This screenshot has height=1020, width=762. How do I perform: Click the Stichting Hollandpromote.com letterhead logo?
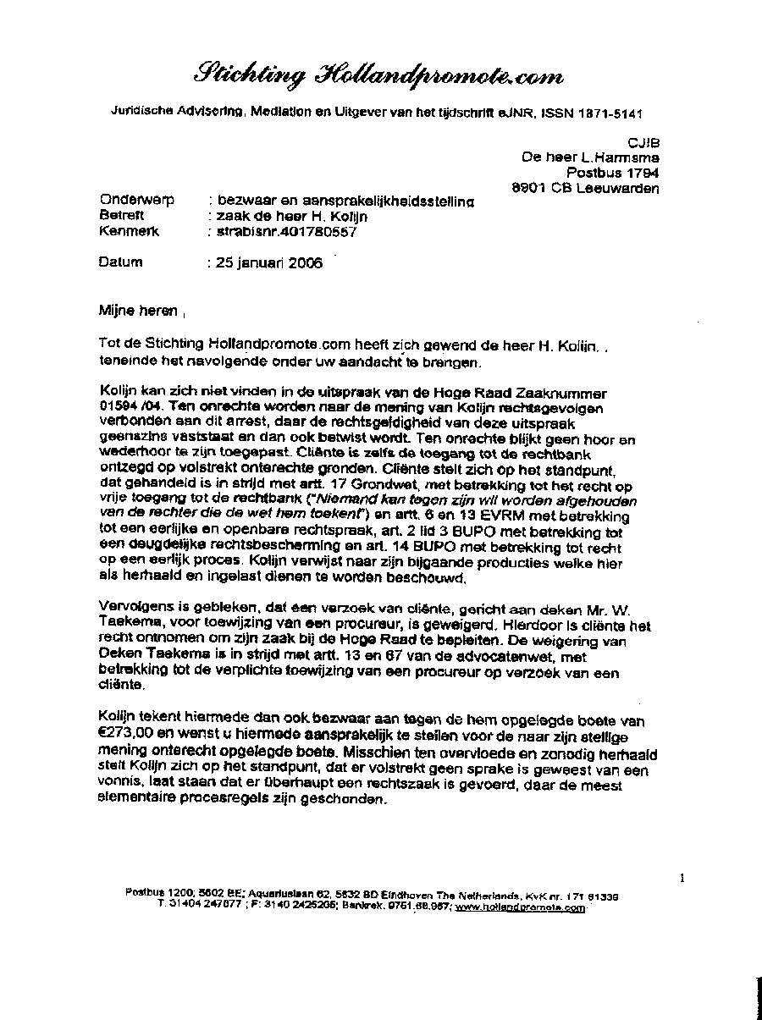[x=378, y=75]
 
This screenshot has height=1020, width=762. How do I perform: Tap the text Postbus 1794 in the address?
[x=624, y=173]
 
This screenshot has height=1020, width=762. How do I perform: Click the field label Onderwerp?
[x=136, y=201]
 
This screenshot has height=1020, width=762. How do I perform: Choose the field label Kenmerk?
[x=129, y=231]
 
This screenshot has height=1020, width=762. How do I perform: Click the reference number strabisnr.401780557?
[x=287, y=232]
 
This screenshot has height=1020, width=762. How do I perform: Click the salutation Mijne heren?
[x=138, y=311]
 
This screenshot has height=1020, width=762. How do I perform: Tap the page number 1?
[x=682, y=879]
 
